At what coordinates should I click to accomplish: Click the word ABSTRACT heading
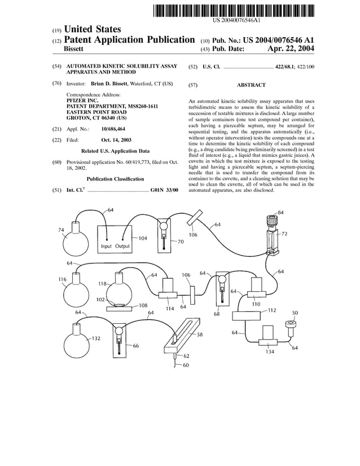(x=251, y=85)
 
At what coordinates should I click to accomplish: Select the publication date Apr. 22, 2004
(x=289, y=49)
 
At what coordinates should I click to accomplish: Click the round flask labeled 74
(x=74, y=242)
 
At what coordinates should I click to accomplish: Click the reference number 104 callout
(x=142, y=238)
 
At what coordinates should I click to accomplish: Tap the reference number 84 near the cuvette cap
(x=280, y=212)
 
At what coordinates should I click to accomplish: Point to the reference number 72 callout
(x=284, y=233)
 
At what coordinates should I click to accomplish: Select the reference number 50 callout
(x=295, y=313)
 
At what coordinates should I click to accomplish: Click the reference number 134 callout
(x=270, y=352)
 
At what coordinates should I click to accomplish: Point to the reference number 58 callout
(x=199, y=335)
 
